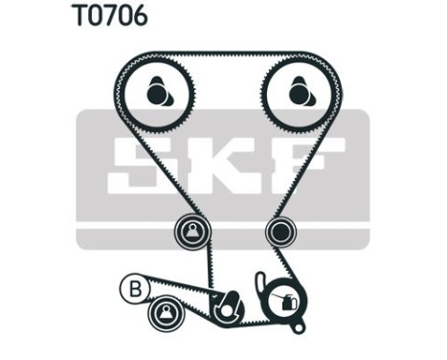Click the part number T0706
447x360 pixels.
point(108,16)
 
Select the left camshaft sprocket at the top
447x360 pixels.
point(158,93)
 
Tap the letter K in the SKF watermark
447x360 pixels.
point(221,165)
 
